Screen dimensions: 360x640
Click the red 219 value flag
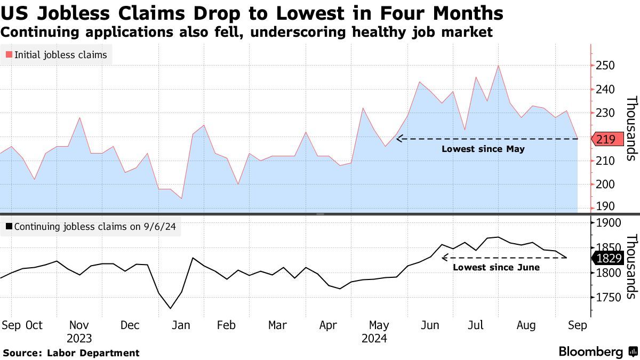tap(607, 139)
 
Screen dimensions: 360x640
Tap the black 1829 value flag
tap(607, 258)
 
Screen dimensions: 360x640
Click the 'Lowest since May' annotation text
tap(483, 149)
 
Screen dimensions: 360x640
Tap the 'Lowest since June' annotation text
tap(496, 267)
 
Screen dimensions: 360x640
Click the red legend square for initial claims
tap(9, 55)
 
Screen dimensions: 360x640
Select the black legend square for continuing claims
tap(9, 227)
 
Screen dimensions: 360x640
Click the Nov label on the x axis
tap(79, 325)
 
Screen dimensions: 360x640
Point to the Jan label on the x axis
tap(181, 325)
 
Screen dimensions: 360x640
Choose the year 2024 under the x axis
tap(374, 339)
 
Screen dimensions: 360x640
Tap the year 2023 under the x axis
tap(79, 339)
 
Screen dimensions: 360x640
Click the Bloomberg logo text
tap(590, 352)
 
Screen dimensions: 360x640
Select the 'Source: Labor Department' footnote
tap(71, 353)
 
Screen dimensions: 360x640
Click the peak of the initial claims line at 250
tap(498, 66)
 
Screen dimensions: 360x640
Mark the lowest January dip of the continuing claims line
tap(171, 308)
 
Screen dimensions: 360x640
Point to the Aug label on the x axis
tap(526, 325)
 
